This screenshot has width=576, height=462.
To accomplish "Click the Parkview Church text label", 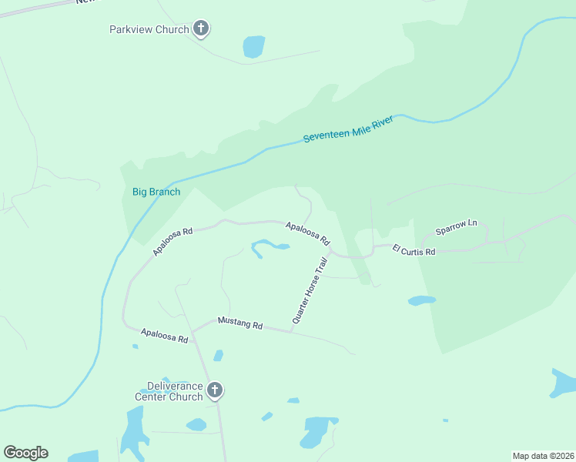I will coord(149,29).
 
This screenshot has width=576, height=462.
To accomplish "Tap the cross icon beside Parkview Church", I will coord(201,29).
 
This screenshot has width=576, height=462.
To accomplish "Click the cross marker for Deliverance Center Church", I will coord(215,390).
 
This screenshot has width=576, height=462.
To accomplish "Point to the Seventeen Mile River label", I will coord(348,129).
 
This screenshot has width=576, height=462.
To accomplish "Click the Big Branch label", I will coord(156,192).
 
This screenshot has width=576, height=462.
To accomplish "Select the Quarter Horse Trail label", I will coord(310,290).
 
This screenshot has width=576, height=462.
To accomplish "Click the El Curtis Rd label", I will coord(414,250).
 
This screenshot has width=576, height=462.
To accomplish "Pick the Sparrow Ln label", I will coord(456,227).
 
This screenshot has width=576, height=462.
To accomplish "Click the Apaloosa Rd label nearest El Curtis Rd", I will coord(307,229).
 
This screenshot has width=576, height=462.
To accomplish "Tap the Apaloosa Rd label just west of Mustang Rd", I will coord(164,335).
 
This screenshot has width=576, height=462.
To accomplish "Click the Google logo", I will coord(25,453).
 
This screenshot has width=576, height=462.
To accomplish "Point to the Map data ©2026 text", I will coord(542,455).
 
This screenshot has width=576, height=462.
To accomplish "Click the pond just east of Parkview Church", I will coord(253,46).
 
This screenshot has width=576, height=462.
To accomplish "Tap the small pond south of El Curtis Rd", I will coord(421,300).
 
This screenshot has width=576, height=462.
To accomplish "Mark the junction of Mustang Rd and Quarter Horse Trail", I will coord(290,333).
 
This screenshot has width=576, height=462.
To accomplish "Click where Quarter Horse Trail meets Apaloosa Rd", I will coord(330,250).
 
